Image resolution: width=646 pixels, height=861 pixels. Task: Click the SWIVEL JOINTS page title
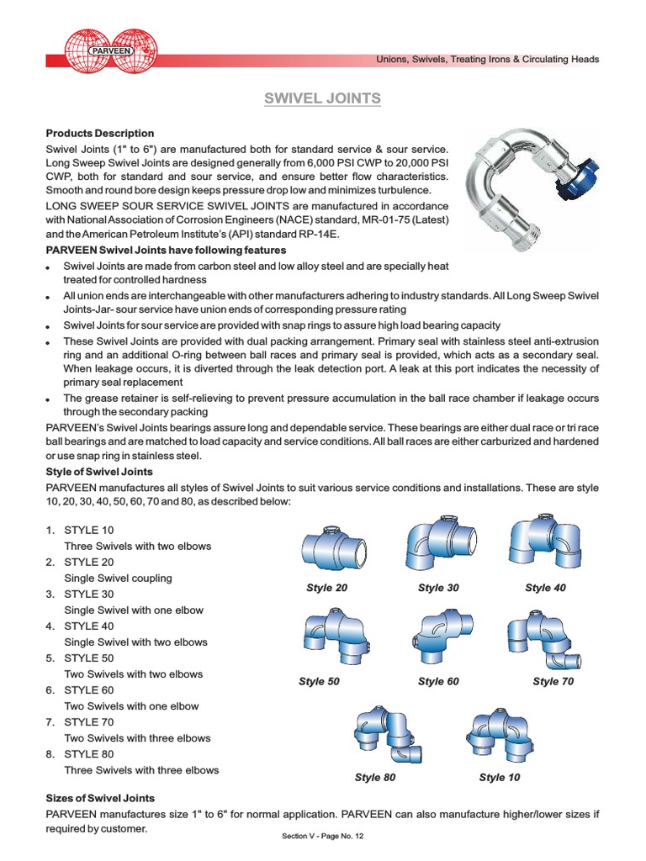(323, 98)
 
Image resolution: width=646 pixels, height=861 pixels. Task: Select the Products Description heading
(100, 133)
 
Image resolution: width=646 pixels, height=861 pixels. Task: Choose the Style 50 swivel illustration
(326, 637)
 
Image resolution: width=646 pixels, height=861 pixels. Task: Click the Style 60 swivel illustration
(437, 637)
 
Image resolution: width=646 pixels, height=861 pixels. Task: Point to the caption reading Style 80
(375, 778)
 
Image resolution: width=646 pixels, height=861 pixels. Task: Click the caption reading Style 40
(545, 588)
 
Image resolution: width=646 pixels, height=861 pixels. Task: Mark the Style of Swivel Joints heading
(99, 472)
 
